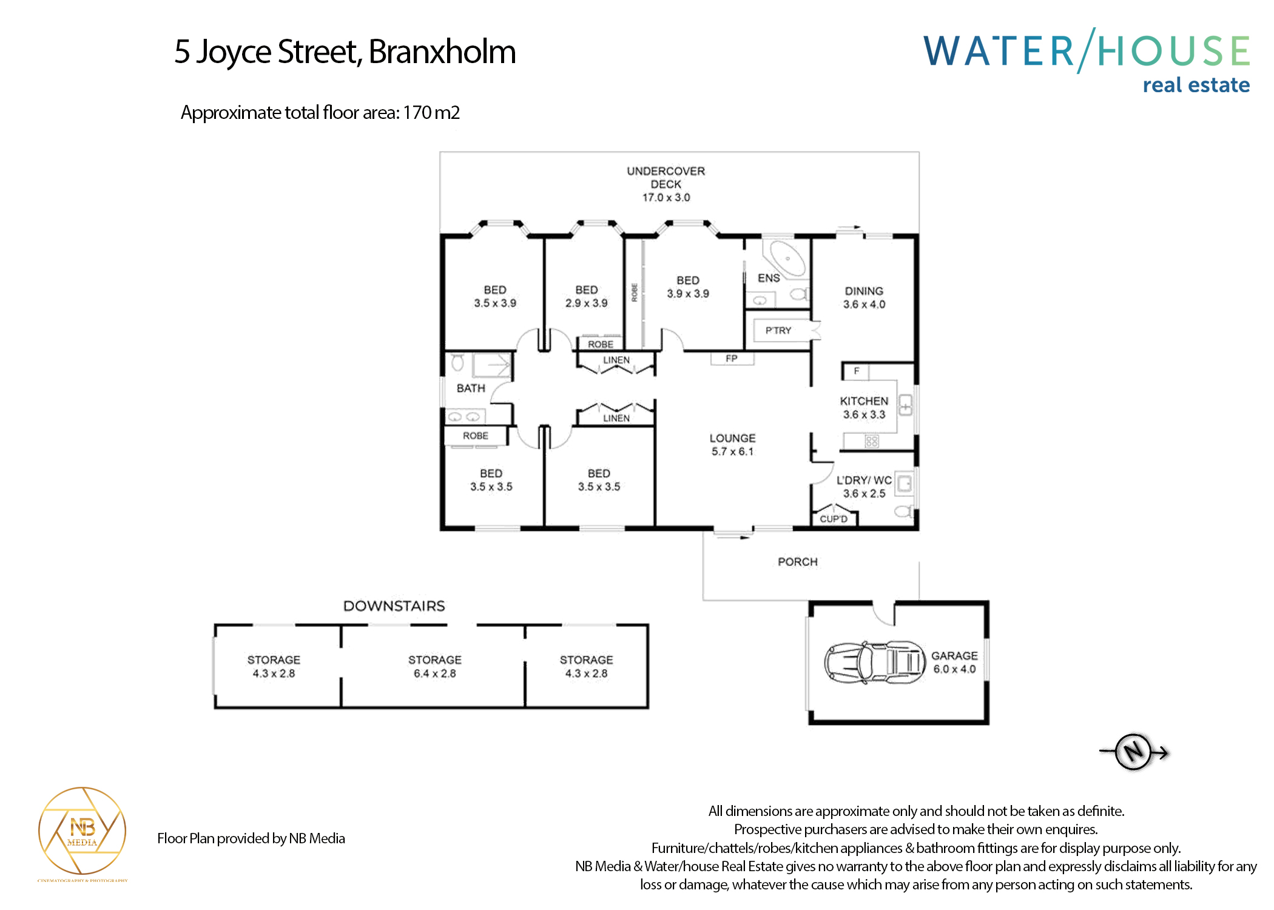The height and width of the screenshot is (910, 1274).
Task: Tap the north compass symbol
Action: point(1133,752)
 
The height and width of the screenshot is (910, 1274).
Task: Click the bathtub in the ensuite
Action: point(787,259)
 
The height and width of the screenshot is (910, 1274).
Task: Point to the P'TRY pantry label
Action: point(778,331)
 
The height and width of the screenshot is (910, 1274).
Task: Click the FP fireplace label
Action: point(732,359)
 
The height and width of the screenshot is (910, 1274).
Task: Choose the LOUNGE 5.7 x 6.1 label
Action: point(732,445)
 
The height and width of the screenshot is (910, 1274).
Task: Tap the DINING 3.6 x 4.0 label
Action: point(864,297)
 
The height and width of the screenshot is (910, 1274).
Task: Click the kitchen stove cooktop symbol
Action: point(872,441)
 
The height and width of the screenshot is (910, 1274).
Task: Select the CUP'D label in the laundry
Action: point(834,519)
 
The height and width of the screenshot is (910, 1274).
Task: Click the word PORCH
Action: point(798,562)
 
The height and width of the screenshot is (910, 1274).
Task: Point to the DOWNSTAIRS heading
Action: point(394,606)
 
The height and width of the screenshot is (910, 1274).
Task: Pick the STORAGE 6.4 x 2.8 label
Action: point(434,666)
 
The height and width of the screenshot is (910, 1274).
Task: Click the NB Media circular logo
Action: point(83,830)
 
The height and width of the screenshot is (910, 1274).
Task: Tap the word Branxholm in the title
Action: point(442,52)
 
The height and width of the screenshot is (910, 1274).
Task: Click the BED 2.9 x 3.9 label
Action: point(586,296)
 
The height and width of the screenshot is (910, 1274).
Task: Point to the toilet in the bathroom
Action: point(457,363)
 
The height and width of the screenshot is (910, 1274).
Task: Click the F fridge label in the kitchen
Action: point(857,371)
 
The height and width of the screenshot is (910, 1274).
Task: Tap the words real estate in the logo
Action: point(1196,85)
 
